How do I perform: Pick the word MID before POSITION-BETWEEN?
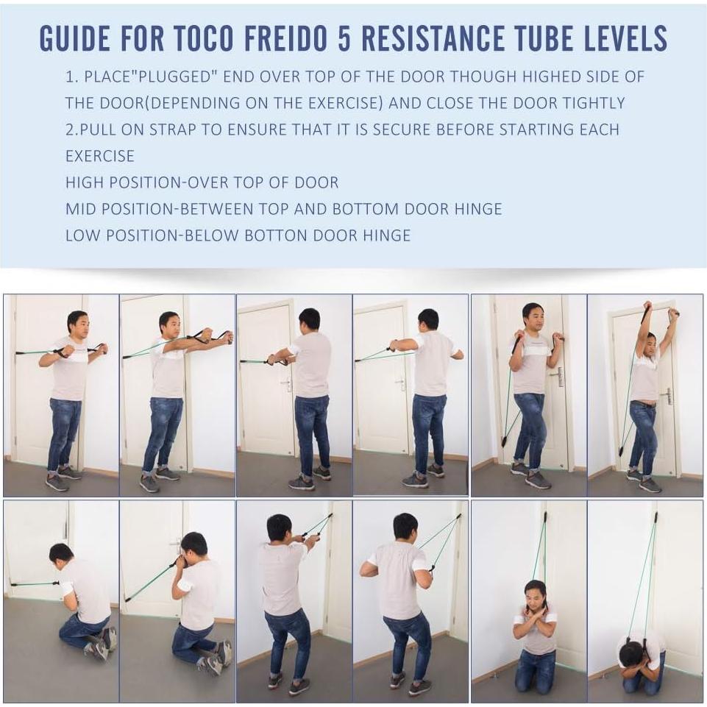click(x=82, y=209)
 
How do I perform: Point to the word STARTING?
click(x=537, y=129)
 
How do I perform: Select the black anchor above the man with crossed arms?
click(x=544, y=517)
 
